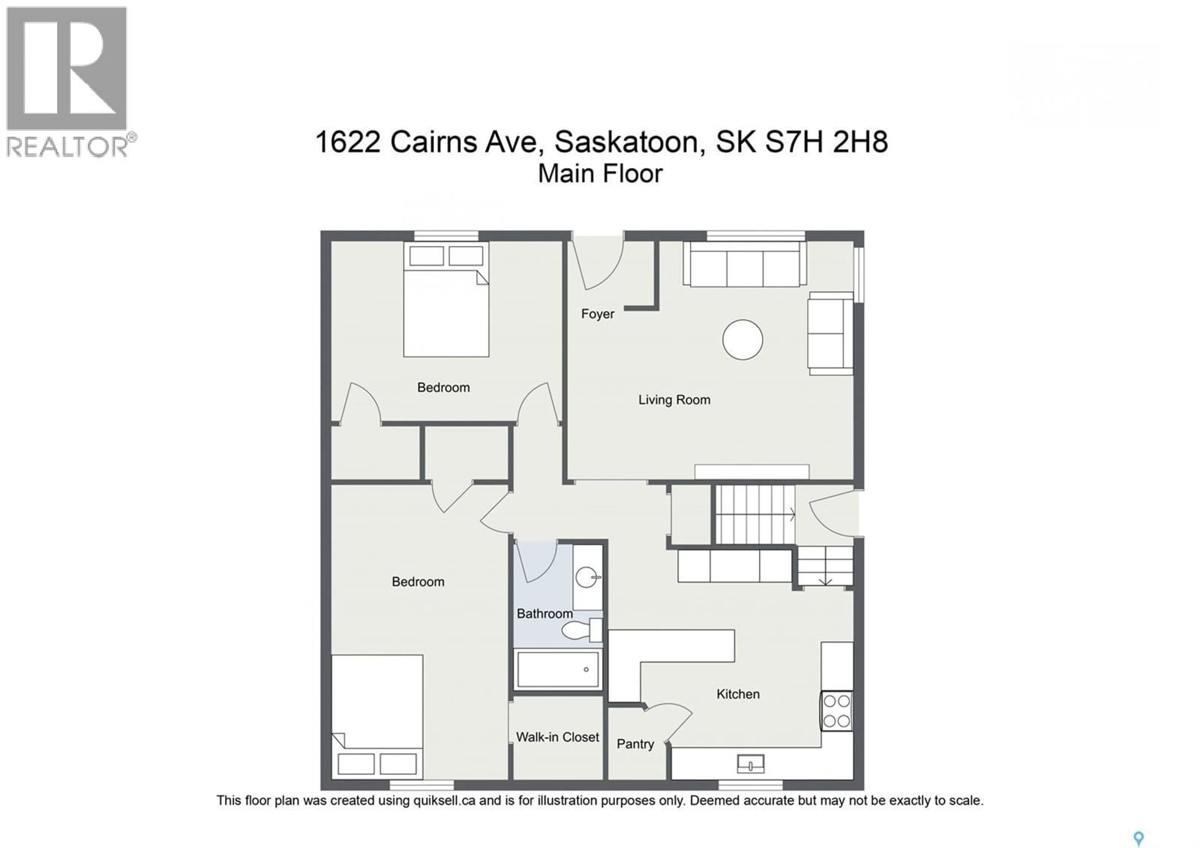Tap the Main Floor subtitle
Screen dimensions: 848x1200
click(600, 174)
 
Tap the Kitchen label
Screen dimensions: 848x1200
click(737, 694)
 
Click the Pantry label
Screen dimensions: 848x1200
click(635, 744)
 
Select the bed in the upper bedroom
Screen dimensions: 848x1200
click(446, 308)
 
